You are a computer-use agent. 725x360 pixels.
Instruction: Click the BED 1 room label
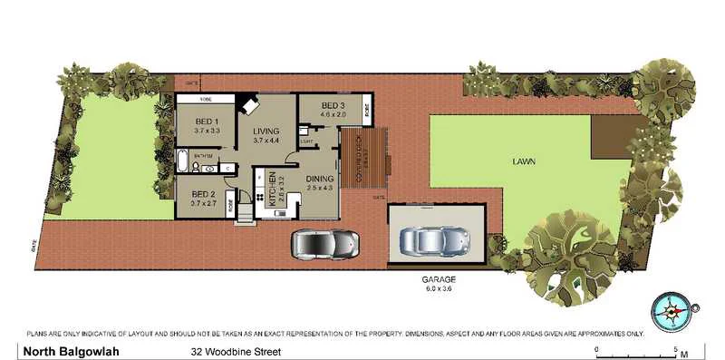coord(207,122)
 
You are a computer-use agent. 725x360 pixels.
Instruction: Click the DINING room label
coord(319,179)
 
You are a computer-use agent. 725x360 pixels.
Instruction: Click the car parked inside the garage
coord(436,240)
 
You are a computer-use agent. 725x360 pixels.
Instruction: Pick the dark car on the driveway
coord(324,243)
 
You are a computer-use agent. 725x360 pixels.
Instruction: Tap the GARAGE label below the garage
coord(437,279)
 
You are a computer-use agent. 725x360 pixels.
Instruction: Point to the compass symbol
coord(672,311)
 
